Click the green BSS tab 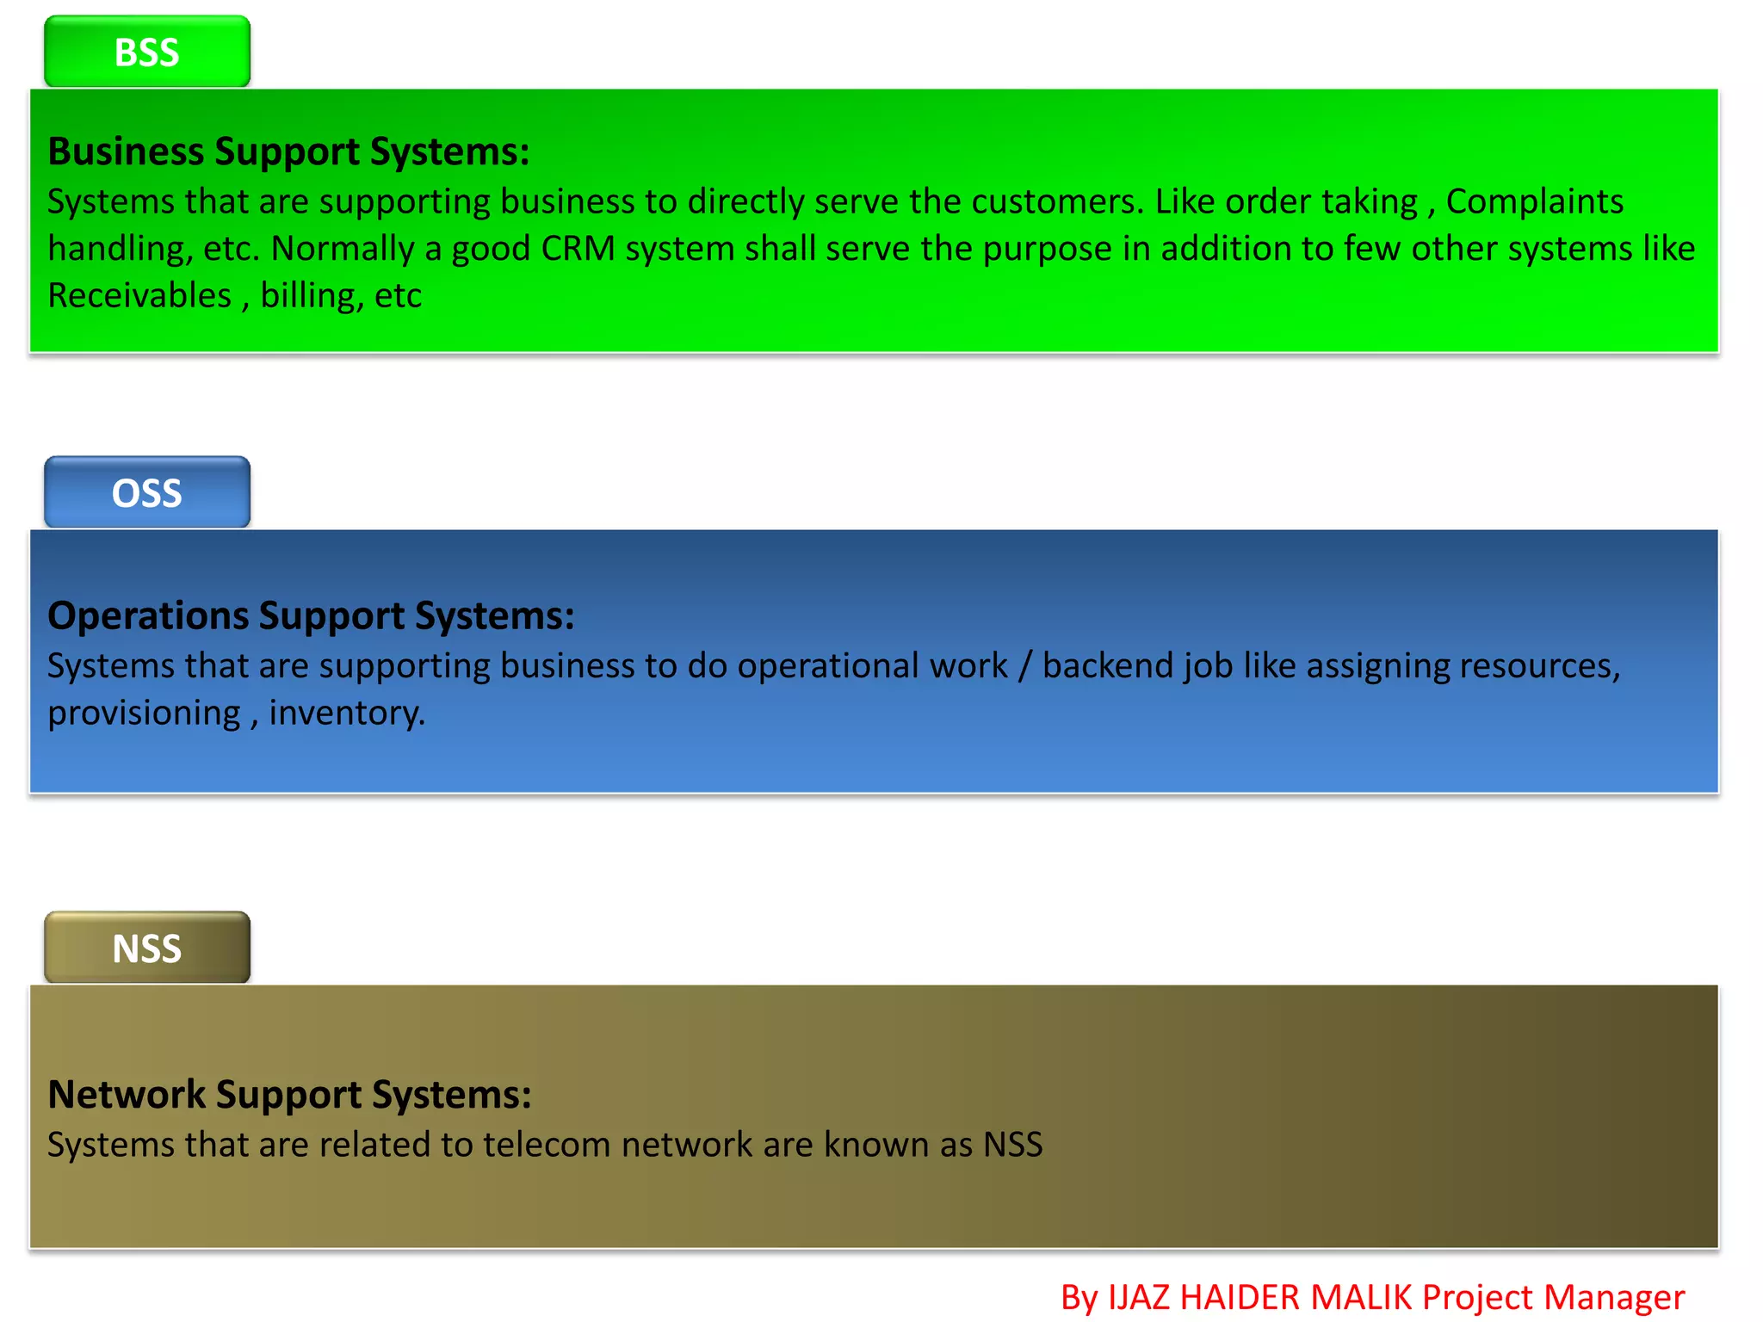(x=147, y=52)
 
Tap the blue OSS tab (x=147, y=492)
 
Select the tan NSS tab (x=147, y=948)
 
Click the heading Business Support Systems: (x=288, y=151)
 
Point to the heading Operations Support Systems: (x=311, y=616)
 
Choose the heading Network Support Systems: (x=289, y=1095)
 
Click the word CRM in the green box (x=578, y=249)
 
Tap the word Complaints (x=1534, y=201)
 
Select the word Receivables (x=139, y=296)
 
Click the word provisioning (x=144, y=714)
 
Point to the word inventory (x=346, y=714)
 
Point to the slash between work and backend (x=1024, y=666)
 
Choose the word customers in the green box (x=1058, y=201)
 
